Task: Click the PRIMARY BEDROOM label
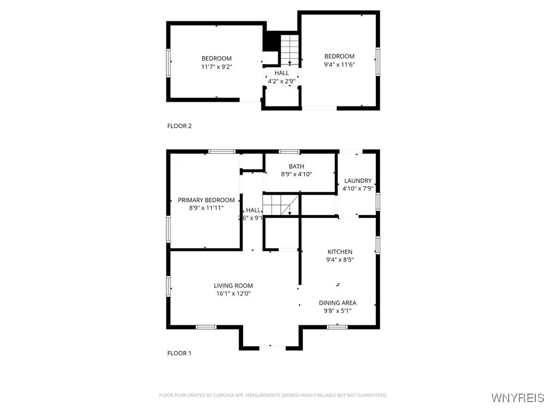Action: [206, 200]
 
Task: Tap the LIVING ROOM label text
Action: [233, 285]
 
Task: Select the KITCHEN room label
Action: [340, 251]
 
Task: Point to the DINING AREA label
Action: [338, 302]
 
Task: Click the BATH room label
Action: [296, 166]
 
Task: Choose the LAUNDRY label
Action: [358, 181]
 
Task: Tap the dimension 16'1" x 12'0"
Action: [233, 293]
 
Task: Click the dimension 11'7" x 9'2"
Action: [216, 67]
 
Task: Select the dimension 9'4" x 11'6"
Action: [340, 64]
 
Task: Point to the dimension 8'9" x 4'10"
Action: [296, 174]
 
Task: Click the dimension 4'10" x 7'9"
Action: [358, 189]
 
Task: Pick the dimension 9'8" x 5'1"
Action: [338, 310]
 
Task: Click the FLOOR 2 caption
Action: [179, 126]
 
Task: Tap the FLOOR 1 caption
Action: [179, 353]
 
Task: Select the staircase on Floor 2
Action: [289, 50]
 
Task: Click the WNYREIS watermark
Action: [517, 398]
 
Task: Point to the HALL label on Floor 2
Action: [282, 73]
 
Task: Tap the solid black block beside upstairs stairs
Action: [272, 42]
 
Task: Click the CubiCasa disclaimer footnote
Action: [273, 395]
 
